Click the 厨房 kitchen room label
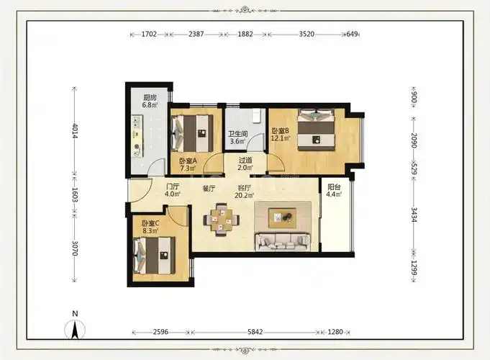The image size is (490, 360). click(x=150, y=97)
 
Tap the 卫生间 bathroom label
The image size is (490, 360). click(x=238, y=134)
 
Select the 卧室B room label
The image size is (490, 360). click(x=280, y=130)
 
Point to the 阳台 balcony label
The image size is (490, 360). click(x=334, y=187)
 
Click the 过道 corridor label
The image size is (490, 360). click(x=245, y=160)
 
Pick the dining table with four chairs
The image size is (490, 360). click(x=222, y=220)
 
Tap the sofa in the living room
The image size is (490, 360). click(x=283, y=242)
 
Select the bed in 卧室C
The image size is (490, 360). click(x=154, y=256)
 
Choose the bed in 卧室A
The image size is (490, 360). click(x=192, y=133)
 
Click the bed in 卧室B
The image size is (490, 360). click(x=317, y=129)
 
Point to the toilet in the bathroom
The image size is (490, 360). click(x=257, y=115)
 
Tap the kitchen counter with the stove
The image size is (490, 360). click(x=137, y=136)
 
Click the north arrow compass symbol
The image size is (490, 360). click(x=75, y=327)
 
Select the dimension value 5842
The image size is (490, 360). click(x=255, y=332)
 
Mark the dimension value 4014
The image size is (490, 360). click(x=75, y=131)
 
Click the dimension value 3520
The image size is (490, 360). click(x=307, y=34)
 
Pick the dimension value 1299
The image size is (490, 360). click(x=414, y=268)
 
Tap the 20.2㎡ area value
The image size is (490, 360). click(x=244, y=196)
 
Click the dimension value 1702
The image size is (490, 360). click(x=149, y=34)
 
